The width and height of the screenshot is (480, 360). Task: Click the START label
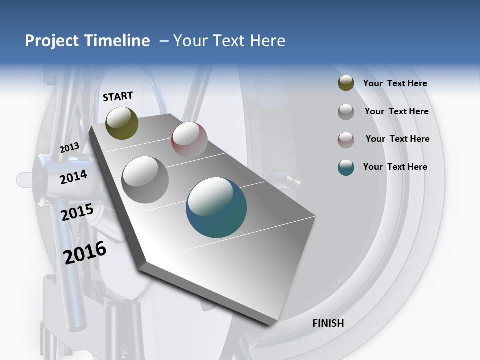[x=118, y=96]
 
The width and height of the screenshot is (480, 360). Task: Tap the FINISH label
[x=328, y=323]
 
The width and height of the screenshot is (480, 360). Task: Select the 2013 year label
[x=69, y=147]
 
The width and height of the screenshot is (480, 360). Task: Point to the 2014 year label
[x=73, y=177]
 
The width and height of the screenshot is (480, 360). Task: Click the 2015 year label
[x=77, y=212]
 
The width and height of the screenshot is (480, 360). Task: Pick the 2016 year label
[x=85, y=253]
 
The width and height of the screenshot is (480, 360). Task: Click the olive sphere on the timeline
[x=122, y=123]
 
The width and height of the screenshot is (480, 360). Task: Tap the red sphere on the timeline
[x=189, y=139]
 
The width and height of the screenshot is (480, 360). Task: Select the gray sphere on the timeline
[x=145, y=179]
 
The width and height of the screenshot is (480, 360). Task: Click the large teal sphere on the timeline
[x=216, y=207]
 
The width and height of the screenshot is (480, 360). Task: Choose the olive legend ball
[x=346, y=83]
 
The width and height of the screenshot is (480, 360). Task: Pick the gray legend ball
[x=346, y=112]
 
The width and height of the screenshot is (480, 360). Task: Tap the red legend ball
[x=346, y=140]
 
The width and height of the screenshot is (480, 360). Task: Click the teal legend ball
[x=346, y=167]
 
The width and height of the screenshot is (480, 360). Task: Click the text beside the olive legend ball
[x=395, y=83]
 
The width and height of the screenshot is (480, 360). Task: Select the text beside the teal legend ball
[x=395, y=167]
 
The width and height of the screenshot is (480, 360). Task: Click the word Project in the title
[x=51, y=41]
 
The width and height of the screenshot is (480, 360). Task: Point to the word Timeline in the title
[x=118, y=41]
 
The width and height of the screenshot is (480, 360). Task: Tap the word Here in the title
[x=268, y=41]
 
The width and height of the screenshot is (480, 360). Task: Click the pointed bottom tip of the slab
[x=270, y=324]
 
